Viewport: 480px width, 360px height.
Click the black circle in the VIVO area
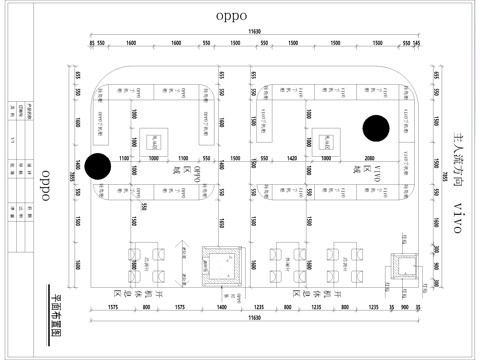(x=376, y=129)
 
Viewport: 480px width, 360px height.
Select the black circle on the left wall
(x=98, y=167)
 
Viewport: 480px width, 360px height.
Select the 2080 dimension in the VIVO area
(x=369, y=159)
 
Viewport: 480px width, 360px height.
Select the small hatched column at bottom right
(x=407, y=265)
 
